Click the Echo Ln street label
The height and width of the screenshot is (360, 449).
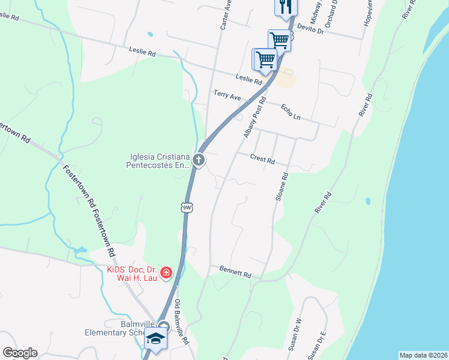[291, 112]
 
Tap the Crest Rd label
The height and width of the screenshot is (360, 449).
[262, 160]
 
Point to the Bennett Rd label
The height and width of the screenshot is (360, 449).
[235, 272]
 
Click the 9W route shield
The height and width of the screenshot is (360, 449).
[187, 207]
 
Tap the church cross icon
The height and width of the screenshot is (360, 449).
[199, 160]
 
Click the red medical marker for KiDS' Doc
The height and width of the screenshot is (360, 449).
[166, 273]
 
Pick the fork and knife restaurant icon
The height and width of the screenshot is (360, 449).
[285, 6]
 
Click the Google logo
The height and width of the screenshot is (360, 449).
[20, 353]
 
